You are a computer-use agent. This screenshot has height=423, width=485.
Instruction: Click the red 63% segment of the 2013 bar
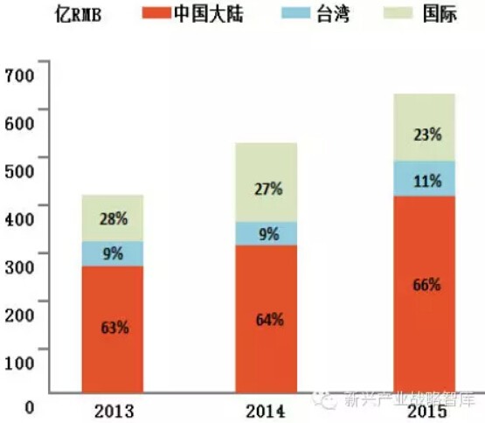(112, 329)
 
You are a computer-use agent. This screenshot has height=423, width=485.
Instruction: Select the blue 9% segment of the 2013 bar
(112, 254)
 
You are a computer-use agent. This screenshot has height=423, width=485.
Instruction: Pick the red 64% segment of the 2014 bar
(267, 319)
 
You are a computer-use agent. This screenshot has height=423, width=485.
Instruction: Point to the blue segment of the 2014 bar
(267, 233)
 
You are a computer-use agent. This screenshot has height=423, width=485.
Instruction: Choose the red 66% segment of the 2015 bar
(425, 285)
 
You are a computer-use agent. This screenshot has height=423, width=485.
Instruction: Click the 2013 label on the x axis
(112, 410)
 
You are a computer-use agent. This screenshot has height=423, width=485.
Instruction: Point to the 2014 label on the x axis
(267, 410)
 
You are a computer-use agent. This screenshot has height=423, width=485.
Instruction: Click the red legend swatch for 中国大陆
(142, 17)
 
